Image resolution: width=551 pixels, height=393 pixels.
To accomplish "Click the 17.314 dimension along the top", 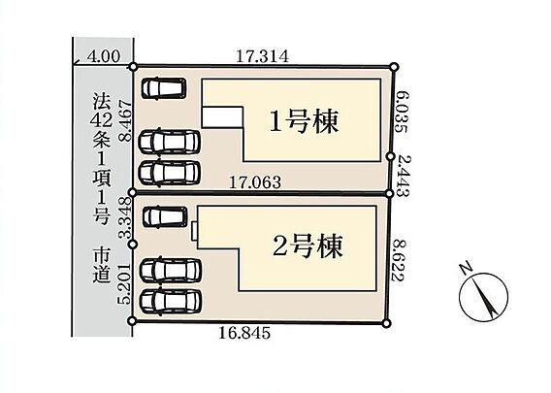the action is point(262,56).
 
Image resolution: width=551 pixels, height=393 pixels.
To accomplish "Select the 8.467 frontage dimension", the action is point(125,120).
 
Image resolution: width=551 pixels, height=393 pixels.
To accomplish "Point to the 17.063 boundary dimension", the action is point(255,182).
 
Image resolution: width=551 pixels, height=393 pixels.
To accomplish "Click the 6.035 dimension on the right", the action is point(401,112).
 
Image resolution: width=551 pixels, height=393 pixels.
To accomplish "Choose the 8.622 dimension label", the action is point(400,260).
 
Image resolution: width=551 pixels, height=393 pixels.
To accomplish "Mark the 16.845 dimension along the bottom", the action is point(244,333).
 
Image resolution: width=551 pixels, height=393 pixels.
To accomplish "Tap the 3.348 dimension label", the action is point(125,218).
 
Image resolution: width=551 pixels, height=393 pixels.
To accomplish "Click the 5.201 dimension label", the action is point(125,284).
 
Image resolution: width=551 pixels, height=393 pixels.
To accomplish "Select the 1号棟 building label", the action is point(305,121).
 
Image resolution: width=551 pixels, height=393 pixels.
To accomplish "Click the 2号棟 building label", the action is point(308,246).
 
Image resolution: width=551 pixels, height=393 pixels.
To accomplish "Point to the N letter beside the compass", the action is point(466,268).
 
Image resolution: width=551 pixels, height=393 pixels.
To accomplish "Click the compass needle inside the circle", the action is point(484,296).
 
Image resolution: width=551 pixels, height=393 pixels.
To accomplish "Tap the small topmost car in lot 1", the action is point(164,88).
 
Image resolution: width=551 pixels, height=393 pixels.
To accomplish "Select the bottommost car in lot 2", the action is point(171,301).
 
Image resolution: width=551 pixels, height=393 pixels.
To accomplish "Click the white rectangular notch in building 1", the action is point(222,117).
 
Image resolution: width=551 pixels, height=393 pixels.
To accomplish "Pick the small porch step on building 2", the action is point(194,231).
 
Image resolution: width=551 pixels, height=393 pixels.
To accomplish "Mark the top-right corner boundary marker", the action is point(395,66).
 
